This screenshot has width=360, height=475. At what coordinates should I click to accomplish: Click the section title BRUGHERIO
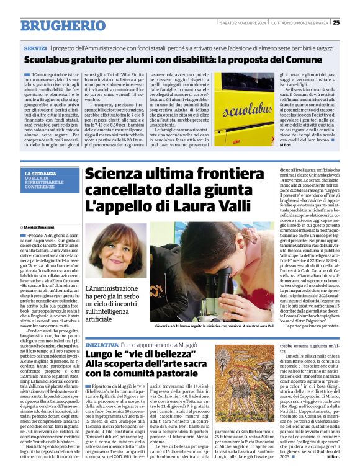pos(55,25)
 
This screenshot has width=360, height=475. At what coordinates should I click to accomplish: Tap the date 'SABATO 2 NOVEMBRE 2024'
pos(243,23)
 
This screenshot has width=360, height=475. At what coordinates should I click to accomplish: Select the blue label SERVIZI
pos(35,48)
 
